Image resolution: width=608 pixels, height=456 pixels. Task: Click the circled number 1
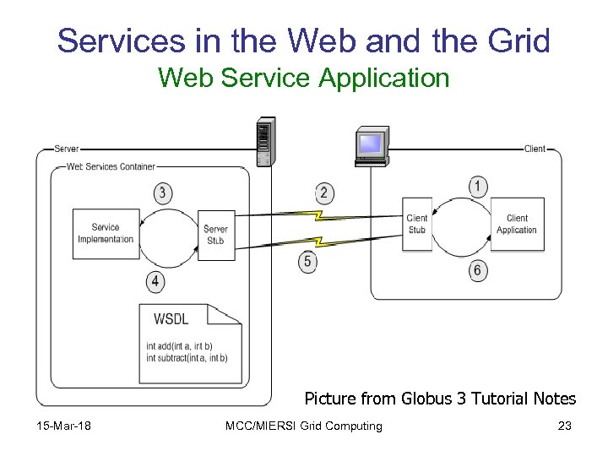point(479,186)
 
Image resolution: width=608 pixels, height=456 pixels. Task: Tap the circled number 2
point(323,193)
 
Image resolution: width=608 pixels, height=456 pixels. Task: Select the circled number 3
point(163,193)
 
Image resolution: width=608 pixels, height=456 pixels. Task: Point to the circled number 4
point(155,280)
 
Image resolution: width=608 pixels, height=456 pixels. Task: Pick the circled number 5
point(307,262)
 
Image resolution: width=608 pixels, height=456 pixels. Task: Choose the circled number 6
point(479,271)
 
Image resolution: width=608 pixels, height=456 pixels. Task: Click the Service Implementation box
point(106,233)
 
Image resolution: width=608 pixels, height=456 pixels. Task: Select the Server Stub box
point(216,234)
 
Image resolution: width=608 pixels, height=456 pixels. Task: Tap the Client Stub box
point(417,224)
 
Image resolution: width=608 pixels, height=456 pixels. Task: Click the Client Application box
point(517,224)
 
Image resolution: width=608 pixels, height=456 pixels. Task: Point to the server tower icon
point(264,144)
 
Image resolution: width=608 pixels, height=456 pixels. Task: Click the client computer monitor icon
point(371,145)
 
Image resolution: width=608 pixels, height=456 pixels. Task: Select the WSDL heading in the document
point(171,318)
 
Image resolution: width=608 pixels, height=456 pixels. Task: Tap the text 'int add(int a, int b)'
point(179,346)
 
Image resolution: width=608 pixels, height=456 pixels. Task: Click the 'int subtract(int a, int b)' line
point(187,358)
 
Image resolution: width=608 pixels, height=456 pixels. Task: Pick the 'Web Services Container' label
point(111,166)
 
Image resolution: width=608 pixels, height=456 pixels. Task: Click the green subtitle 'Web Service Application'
point(303,79)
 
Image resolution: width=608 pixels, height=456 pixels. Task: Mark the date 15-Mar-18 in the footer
point(63,426)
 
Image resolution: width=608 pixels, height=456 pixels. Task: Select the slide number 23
point(564,426)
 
